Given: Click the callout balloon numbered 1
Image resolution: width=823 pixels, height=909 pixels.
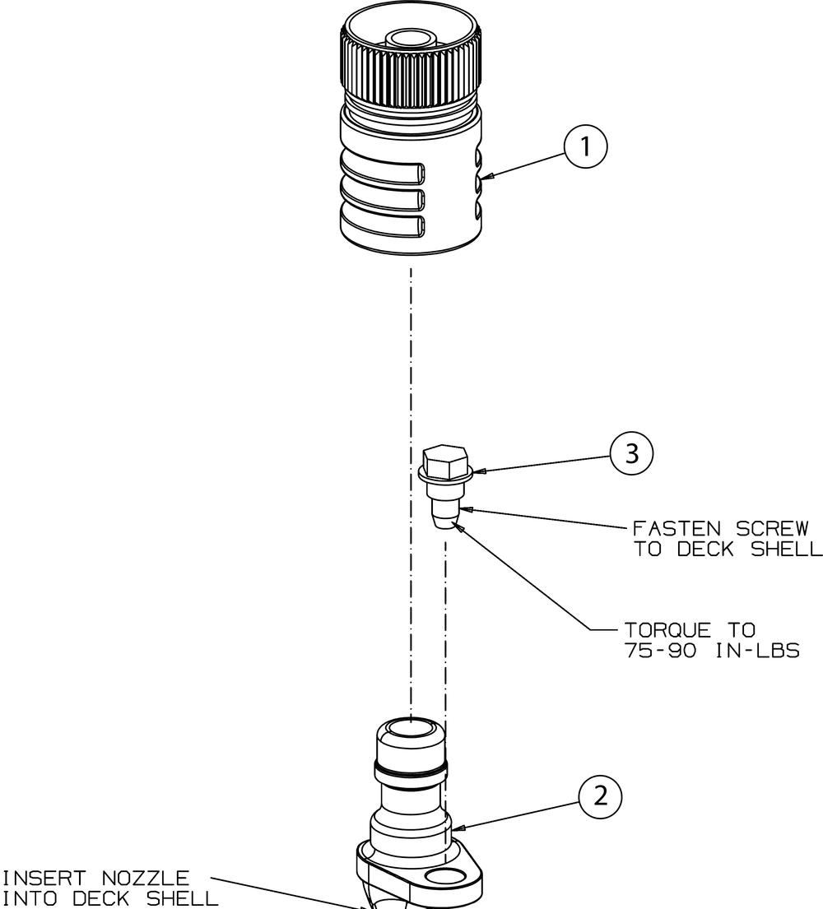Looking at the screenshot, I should point(585,147).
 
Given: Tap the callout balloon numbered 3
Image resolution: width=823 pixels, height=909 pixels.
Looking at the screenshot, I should point(631,453).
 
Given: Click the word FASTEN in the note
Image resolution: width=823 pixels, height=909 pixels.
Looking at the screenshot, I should point(664,528).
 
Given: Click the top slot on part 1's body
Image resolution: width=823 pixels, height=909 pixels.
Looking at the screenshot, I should point(384,173).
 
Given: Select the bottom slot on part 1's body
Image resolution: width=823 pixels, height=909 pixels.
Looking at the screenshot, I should point(384,226).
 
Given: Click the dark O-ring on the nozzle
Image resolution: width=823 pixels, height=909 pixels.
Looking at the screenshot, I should point(412,772).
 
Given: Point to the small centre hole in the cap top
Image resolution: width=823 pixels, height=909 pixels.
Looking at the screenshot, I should point(411,37).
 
